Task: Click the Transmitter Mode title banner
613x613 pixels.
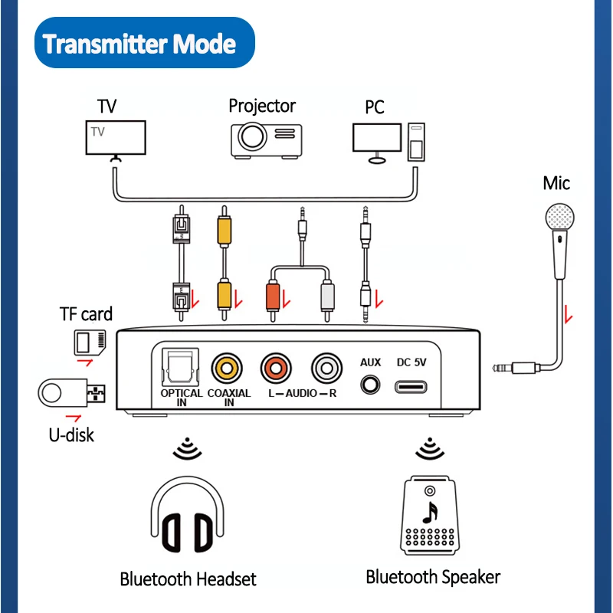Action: point(139,44)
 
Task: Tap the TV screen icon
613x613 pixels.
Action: point(115,139)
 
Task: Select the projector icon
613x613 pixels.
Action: point(263,137)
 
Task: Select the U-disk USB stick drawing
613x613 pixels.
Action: point(72,394)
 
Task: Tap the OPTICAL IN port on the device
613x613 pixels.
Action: point(181,366)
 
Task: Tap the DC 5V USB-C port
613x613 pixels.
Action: point(415,385)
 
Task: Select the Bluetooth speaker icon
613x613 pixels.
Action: point(433,514)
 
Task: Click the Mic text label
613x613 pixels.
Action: point(556,183)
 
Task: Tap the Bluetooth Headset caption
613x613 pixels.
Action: point(188,579)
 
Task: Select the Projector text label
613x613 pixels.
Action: point(262,106)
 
